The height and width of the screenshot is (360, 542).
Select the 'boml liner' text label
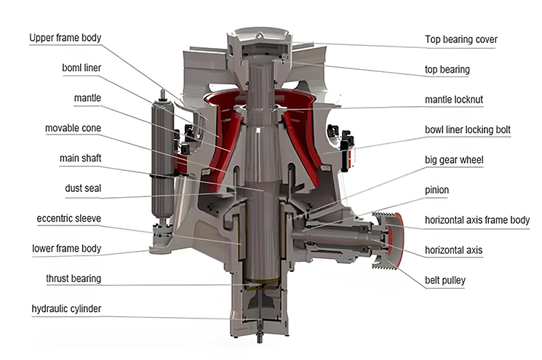pyautogui.click(x=82, y=68)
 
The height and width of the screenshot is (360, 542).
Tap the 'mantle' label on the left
pyautogui.click(x=87, y=97)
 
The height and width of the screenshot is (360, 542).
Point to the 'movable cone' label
pyautogui.click(x=73, y=128)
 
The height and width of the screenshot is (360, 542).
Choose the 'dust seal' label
pyautogui.click(x=82, y=188)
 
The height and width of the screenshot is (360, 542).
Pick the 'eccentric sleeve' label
pyautogui.click(x=69, y=218)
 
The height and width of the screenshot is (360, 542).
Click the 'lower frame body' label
pyautogui.click(x=66, y=248)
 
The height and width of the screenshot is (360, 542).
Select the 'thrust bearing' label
pyautogui.click(x=73, y=279)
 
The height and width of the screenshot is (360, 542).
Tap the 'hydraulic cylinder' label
pyautogui.click(x=66, y=308)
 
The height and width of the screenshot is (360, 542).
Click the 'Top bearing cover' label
pyautogui.click(x=461, y=39)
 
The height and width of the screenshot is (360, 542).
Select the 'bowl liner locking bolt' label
pyautogui.click(x=468, y=129)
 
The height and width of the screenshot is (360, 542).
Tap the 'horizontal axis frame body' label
pyautogui.click(x=477, y=220)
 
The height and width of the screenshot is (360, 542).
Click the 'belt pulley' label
pyautogui.click(x=446, y=280)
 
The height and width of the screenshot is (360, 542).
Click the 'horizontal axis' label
pyautogui.click(x=453, y=249)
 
